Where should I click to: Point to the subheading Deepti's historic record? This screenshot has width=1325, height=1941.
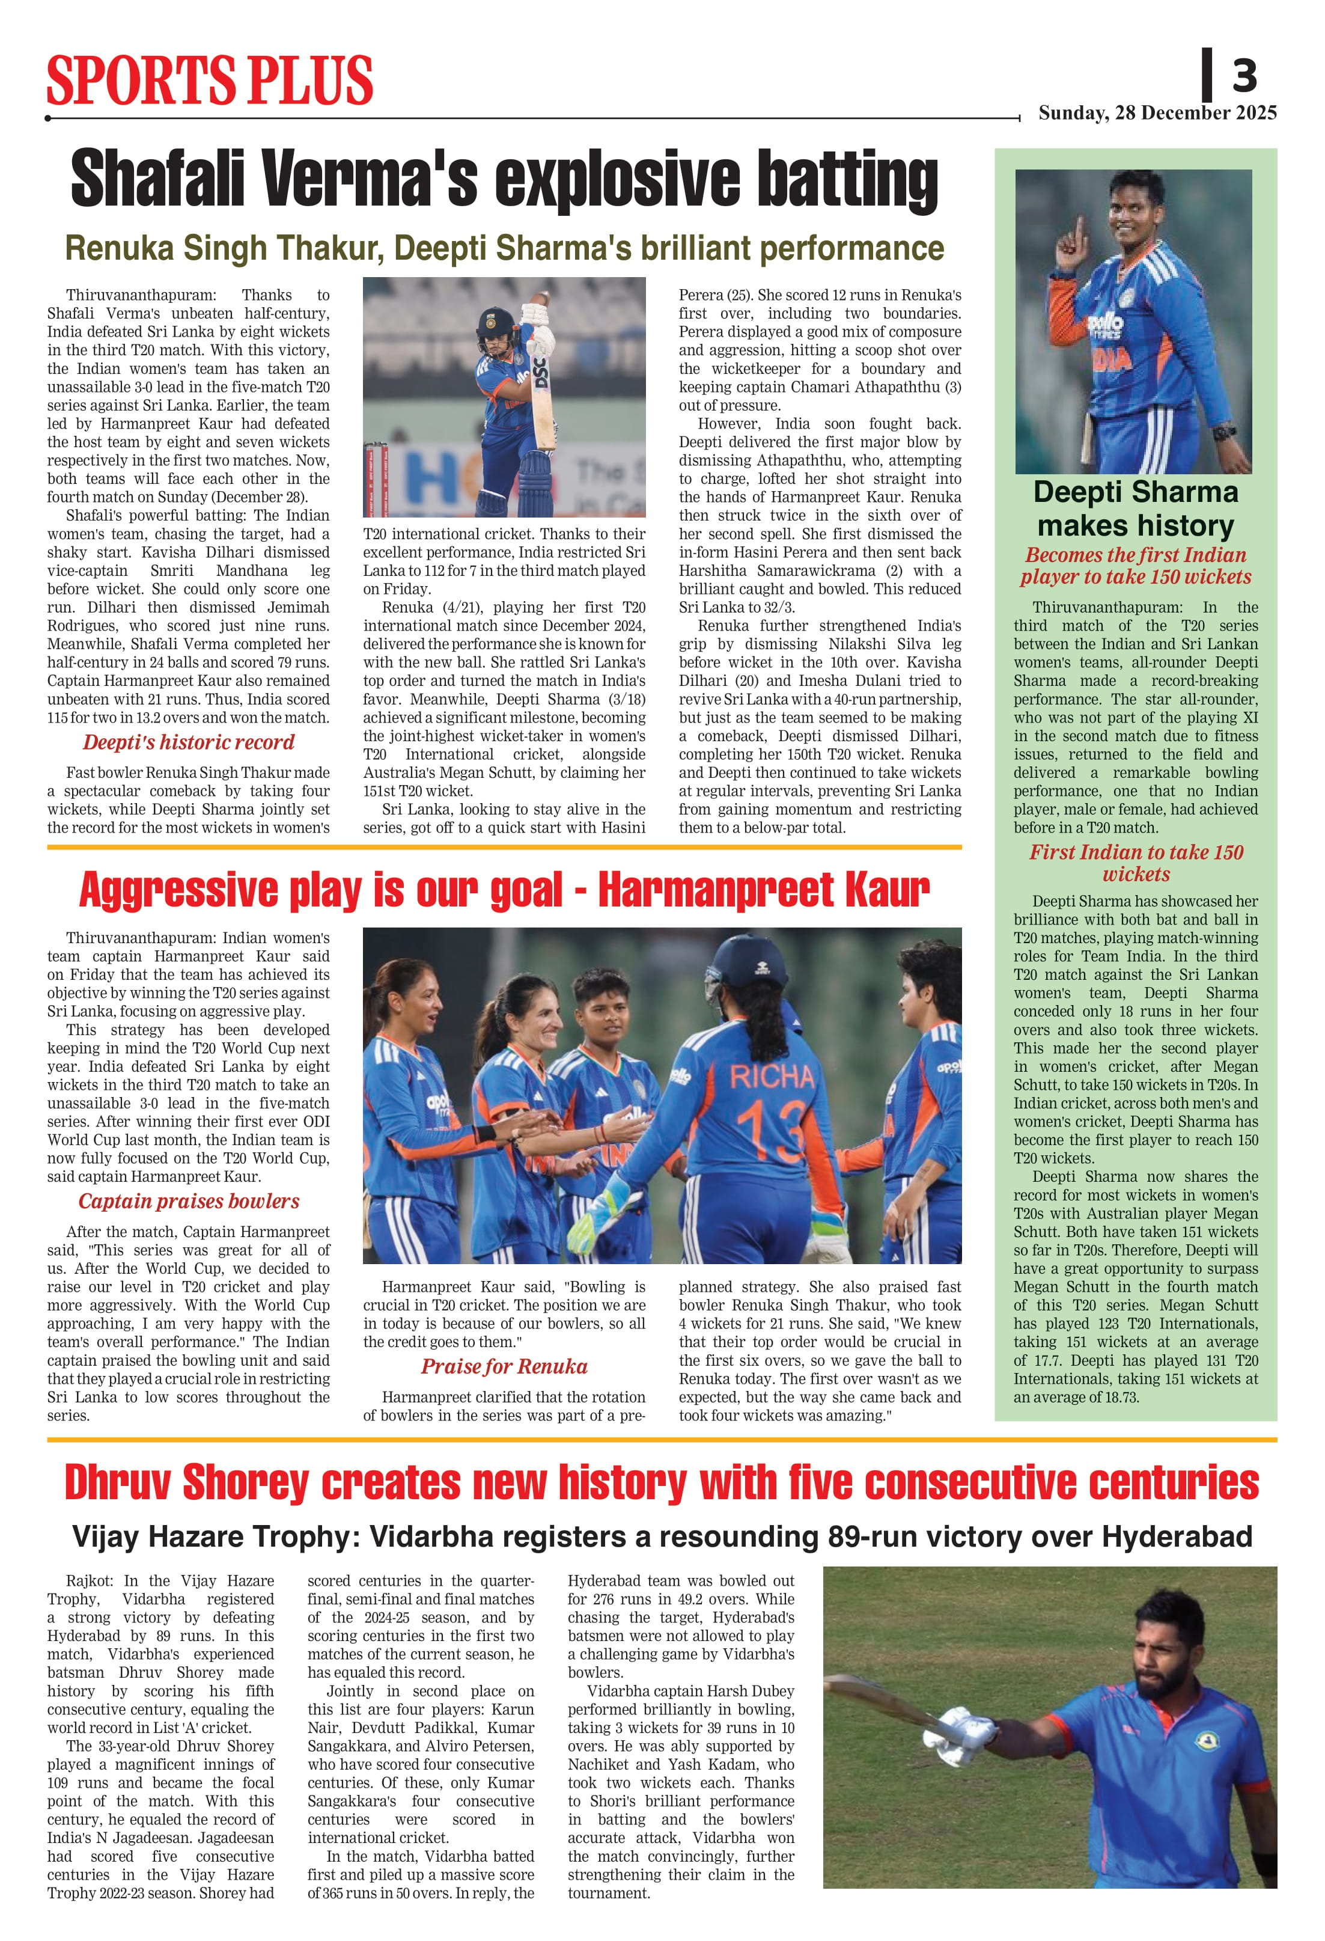188,742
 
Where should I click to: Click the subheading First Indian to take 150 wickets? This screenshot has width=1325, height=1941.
1136,863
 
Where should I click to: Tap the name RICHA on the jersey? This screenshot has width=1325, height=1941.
772,1077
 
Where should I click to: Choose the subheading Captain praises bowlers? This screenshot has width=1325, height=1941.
189,1201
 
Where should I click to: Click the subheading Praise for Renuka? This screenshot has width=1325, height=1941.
504,1366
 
